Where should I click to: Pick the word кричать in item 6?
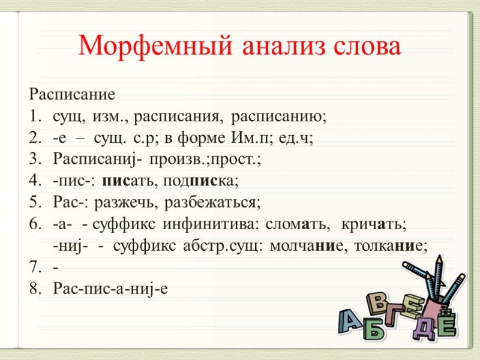point(374,224)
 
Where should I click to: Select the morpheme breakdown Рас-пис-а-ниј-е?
point(110,289)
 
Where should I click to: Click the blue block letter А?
point(350,320)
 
